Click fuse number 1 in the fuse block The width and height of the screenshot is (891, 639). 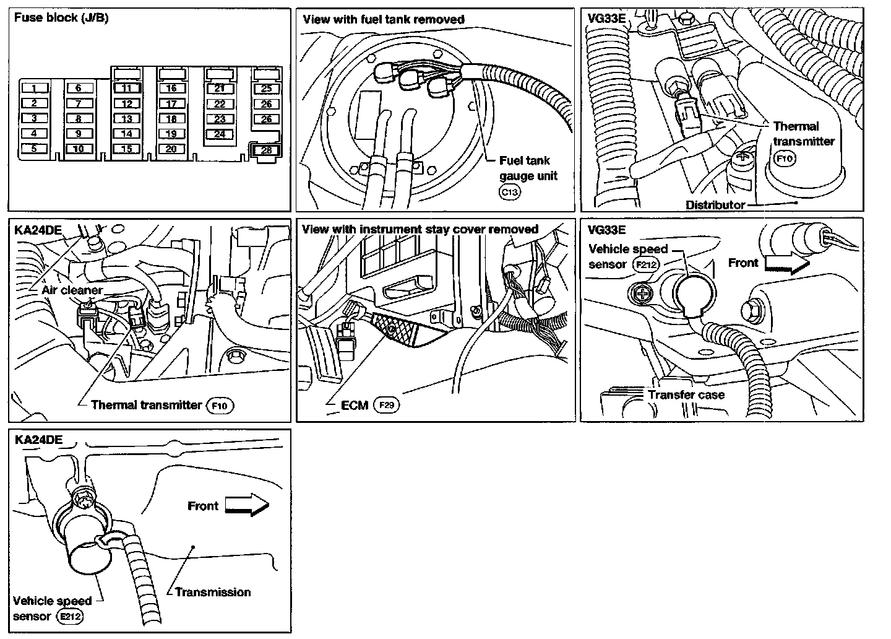click(x=35, y=89)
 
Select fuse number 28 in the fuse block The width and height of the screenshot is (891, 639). click(x=266, y=150)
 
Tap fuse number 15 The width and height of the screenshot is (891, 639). click(x=127, y=149)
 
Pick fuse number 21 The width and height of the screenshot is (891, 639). click(x=220, y=89)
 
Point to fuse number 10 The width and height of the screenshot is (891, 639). click(x=79, y=149)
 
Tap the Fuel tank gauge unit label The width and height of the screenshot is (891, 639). click(x=528, y=168)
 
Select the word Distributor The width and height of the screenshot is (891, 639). click(x=715, y=204)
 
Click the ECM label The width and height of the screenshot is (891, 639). click(x=355, y=406)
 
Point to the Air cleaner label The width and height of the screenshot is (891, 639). click(x=72, y=290)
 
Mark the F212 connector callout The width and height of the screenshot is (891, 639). click(x=647, y=265)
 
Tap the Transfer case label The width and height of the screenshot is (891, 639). click(x=686, y=394)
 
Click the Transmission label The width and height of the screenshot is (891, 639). click(x=213, y=592)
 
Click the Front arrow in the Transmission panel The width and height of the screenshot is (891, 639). click(x=246, y=506)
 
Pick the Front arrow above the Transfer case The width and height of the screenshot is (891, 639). click(x=786, y=263)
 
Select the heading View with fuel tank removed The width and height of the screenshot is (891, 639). click(x=383, y=19)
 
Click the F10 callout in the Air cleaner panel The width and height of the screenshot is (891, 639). click(x=221, y=406)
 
